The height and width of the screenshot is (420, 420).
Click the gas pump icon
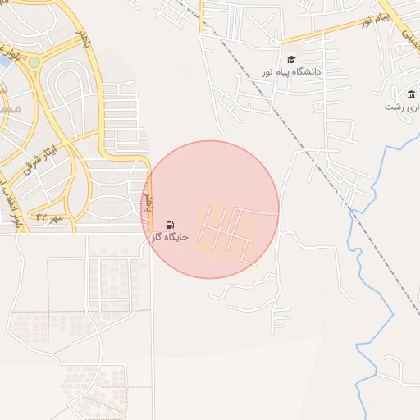point(170,225)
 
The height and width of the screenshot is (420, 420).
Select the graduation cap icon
point(291,59)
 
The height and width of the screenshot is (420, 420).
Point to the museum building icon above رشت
point(411,94)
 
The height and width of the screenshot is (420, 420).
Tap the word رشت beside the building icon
point(397,107)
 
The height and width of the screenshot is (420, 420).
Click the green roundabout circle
point(34,62)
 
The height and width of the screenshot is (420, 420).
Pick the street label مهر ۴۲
point(49,217)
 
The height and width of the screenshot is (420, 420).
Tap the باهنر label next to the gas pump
point(148,202)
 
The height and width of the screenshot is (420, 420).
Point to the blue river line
point(358,271)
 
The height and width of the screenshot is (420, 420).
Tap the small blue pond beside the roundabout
point(4,60)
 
